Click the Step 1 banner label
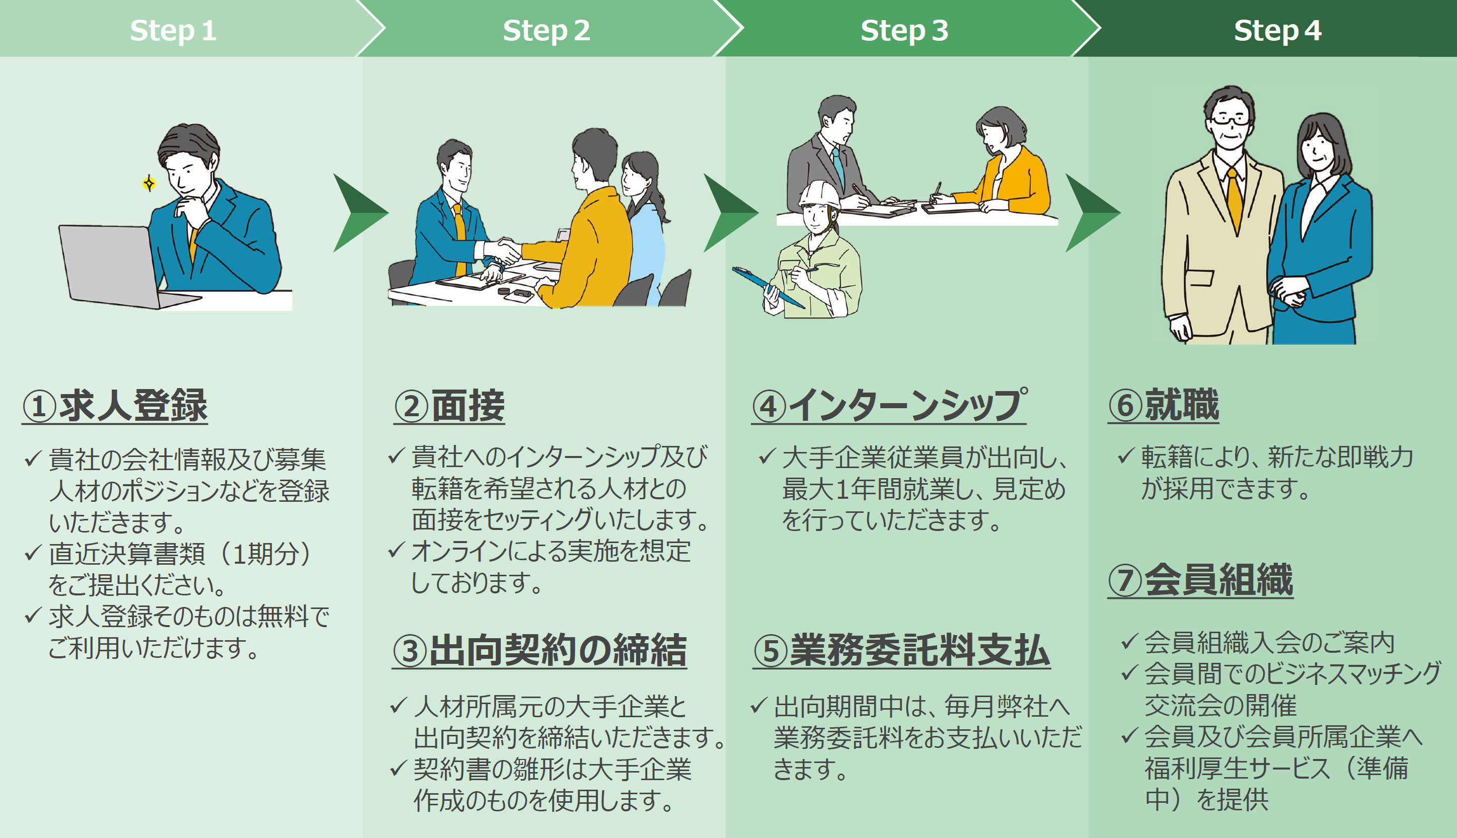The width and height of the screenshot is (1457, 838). [173, 30]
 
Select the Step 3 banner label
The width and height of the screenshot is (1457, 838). [903, 30]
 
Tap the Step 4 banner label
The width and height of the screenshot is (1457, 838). [1277, 30]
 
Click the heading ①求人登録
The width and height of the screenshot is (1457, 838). [115, 406]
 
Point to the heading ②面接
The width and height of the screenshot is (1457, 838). [449, 406]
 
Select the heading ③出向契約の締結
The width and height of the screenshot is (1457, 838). [539, 650]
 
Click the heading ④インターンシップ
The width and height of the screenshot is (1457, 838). [889, 406]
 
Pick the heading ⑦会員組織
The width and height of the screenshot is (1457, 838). [1200, 580]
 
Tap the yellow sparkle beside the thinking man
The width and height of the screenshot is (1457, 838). [149, 184]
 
